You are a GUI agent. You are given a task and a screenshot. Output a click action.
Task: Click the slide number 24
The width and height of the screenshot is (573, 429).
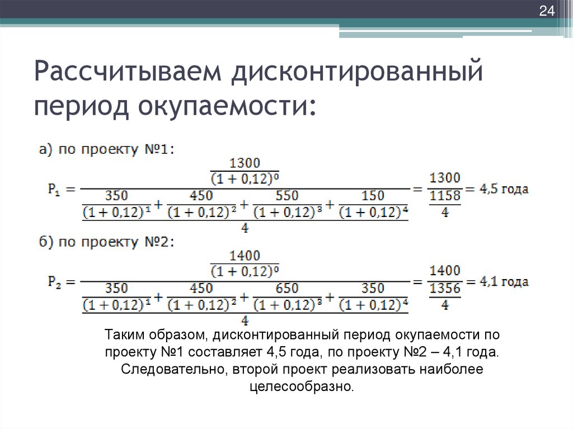545,11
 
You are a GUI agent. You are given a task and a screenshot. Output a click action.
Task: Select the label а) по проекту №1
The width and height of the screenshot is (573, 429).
107,149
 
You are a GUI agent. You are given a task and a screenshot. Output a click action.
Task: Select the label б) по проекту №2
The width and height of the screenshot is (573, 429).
107,242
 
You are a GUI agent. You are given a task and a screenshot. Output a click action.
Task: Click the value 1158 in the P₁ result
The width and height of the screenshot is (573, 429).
445,196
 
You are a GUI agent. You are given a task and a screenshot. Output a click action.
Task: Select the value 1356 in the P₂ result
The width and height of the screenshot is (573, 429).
445,289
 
